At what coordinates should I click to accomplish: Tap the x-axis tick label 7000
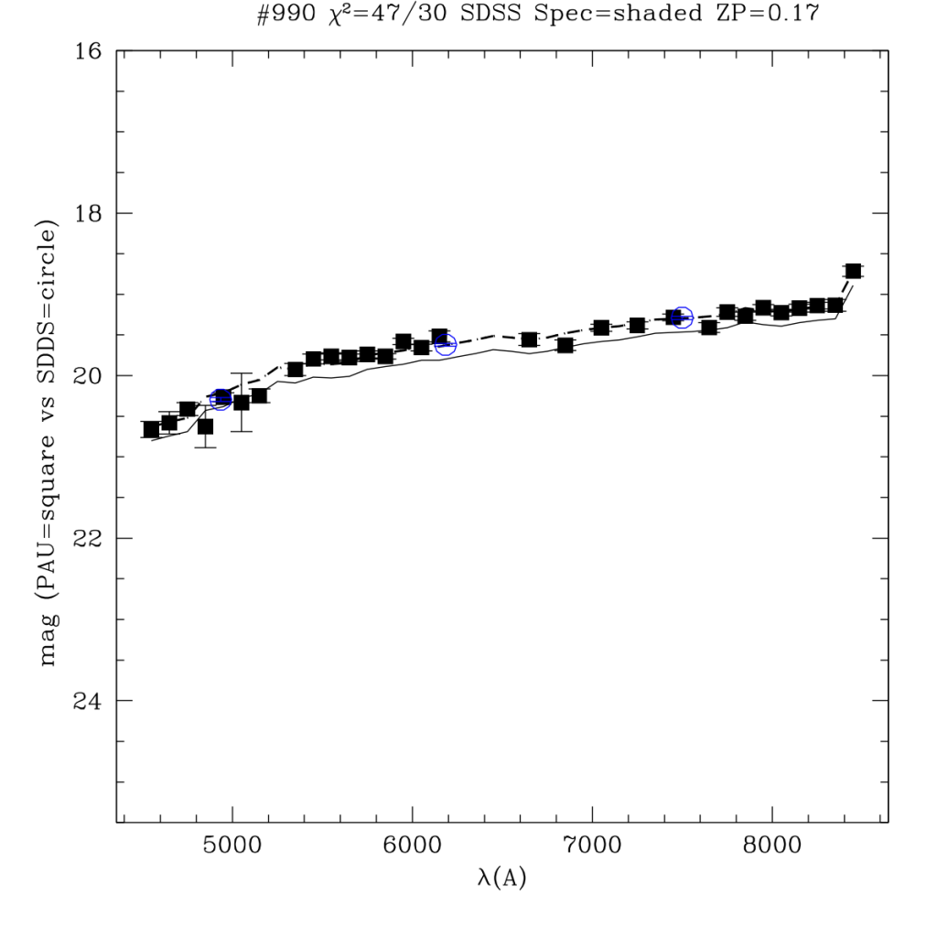pyautogui.click(x=593, y=845)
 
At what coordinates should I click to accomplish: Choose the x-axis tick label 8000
pyautogui.click(x=773, y=845)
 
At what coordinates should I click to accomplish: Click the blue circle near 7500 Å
pyautogui.click(x=681, y=318)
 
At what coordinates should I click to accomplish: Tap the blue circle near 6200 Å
pyautogui.click(x=446, y=345)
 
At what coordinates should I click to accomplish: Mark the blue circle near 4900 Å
pyautogui.click(x=221, y=399)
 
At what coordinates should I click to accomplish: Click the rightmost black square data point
pyautogui.click(x=853, y=271)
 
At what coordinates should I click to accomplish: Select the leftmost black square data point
pyautogui.click(x=151, y=429)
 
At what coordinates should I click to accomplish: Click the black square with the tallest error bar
pyautogui.click(x=242, y=402)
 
